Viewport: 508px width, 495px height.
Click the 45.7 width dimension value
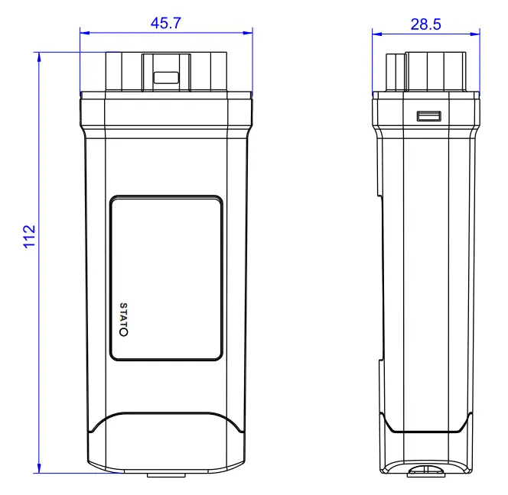165,23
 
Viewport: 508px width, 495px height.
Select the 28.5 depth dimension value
425,24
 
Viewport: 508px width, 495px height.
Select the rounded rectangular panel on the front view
166,277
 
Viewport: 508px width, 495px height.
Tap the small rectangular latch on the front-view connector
165,77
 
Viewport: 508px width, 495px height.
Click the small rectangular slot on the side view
428,116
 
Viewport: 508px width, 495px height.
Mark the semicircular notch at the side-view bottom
425,471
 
